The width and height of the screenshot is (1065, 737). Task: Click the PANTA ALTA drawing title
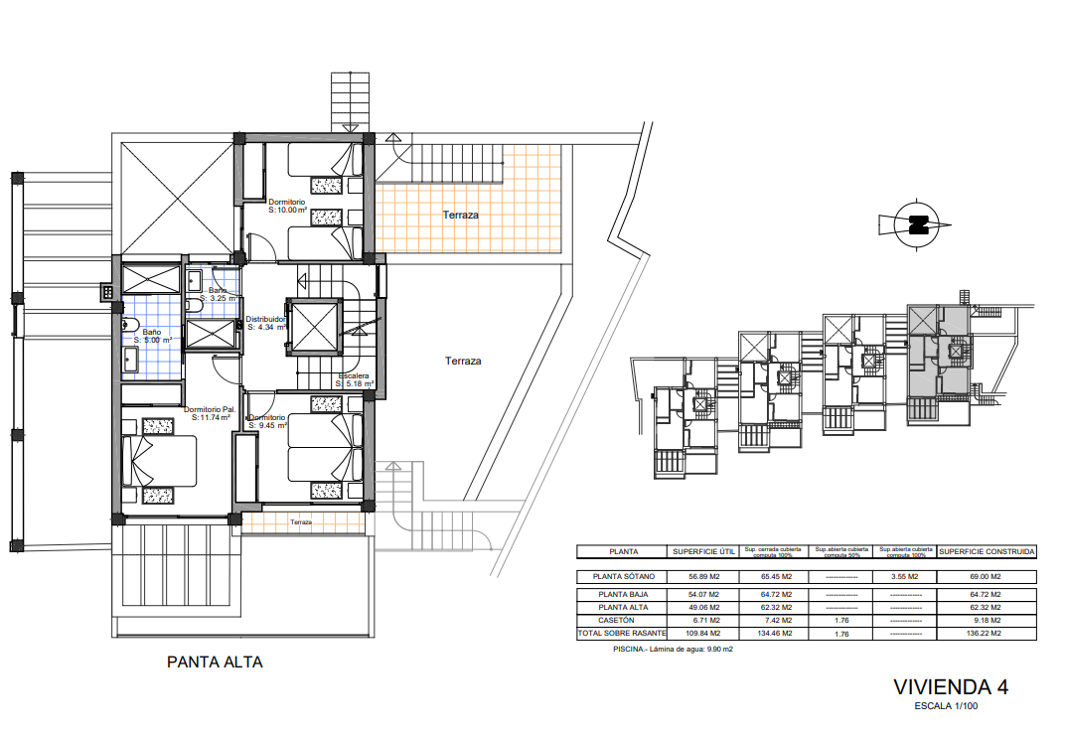pos(215,662)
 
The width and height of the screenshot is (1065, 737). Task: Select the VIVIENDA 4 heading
pos(952,687)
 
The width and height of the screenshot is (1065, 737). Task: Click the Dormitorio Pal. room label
pos(209,413)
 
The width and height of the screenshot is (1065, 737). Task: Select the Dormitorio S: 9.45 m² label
pos(267,422)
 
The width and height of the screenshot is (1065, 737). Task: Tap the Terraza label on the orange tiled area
pos(461,215)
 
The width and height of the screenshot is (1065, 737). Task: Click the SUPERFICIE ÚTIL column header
pos(704,550)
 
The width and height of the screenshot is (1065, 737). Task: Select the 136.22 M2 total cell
pos(987,633)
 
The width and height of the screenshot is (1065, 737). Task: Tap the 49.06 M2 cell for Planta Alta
pos(704,607)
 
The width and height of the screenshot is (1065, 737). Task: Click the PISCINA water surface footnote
pos(674,650)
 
